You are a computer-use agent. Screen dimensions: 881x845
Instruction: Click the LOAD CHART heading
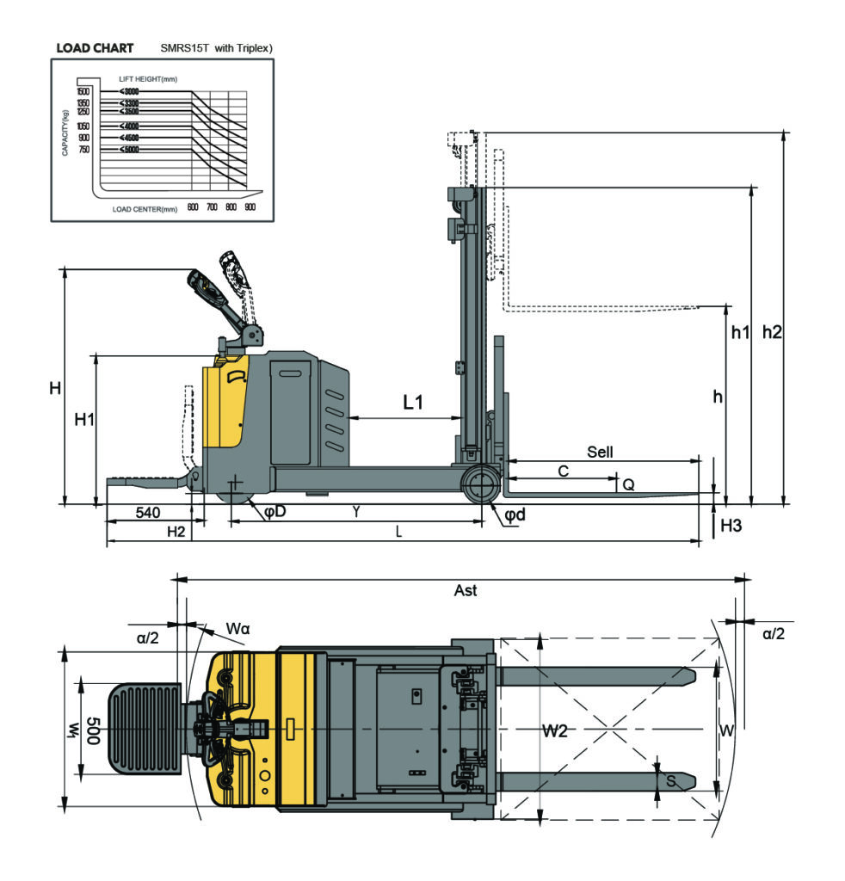[95, 48]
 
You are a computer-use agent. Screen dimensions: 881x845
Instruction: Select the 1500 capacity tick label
[83, 91]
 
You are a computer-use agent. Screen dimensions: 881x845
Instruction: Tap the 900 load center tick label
[250, 208]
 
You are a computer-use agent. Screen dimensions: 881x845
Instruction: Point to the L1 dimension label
[413, 402]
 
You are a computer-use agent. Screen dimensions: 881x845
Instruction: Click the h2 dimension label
[772, 332]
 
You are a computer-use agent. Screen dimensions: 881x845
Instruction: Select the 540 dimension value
[148, 513]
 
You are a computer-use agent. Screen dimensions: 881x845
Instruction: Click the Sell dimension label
[600, 452]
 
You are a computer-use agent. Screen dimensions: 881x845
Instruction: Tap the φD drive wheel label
[274, 512]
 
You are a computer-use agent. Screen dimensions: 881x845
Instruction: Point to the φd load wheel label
[515, 514]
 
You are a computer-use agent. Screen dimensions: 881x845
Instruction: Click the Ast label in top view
[465, 590]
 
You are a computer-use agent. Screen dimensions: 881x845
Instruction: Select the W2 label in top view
[555, 730]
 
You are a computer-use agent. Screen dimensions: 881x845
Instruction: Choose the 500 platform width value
[93, 730]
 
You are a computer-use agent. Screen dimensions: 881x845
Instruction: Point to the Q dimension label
[628, 484]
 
